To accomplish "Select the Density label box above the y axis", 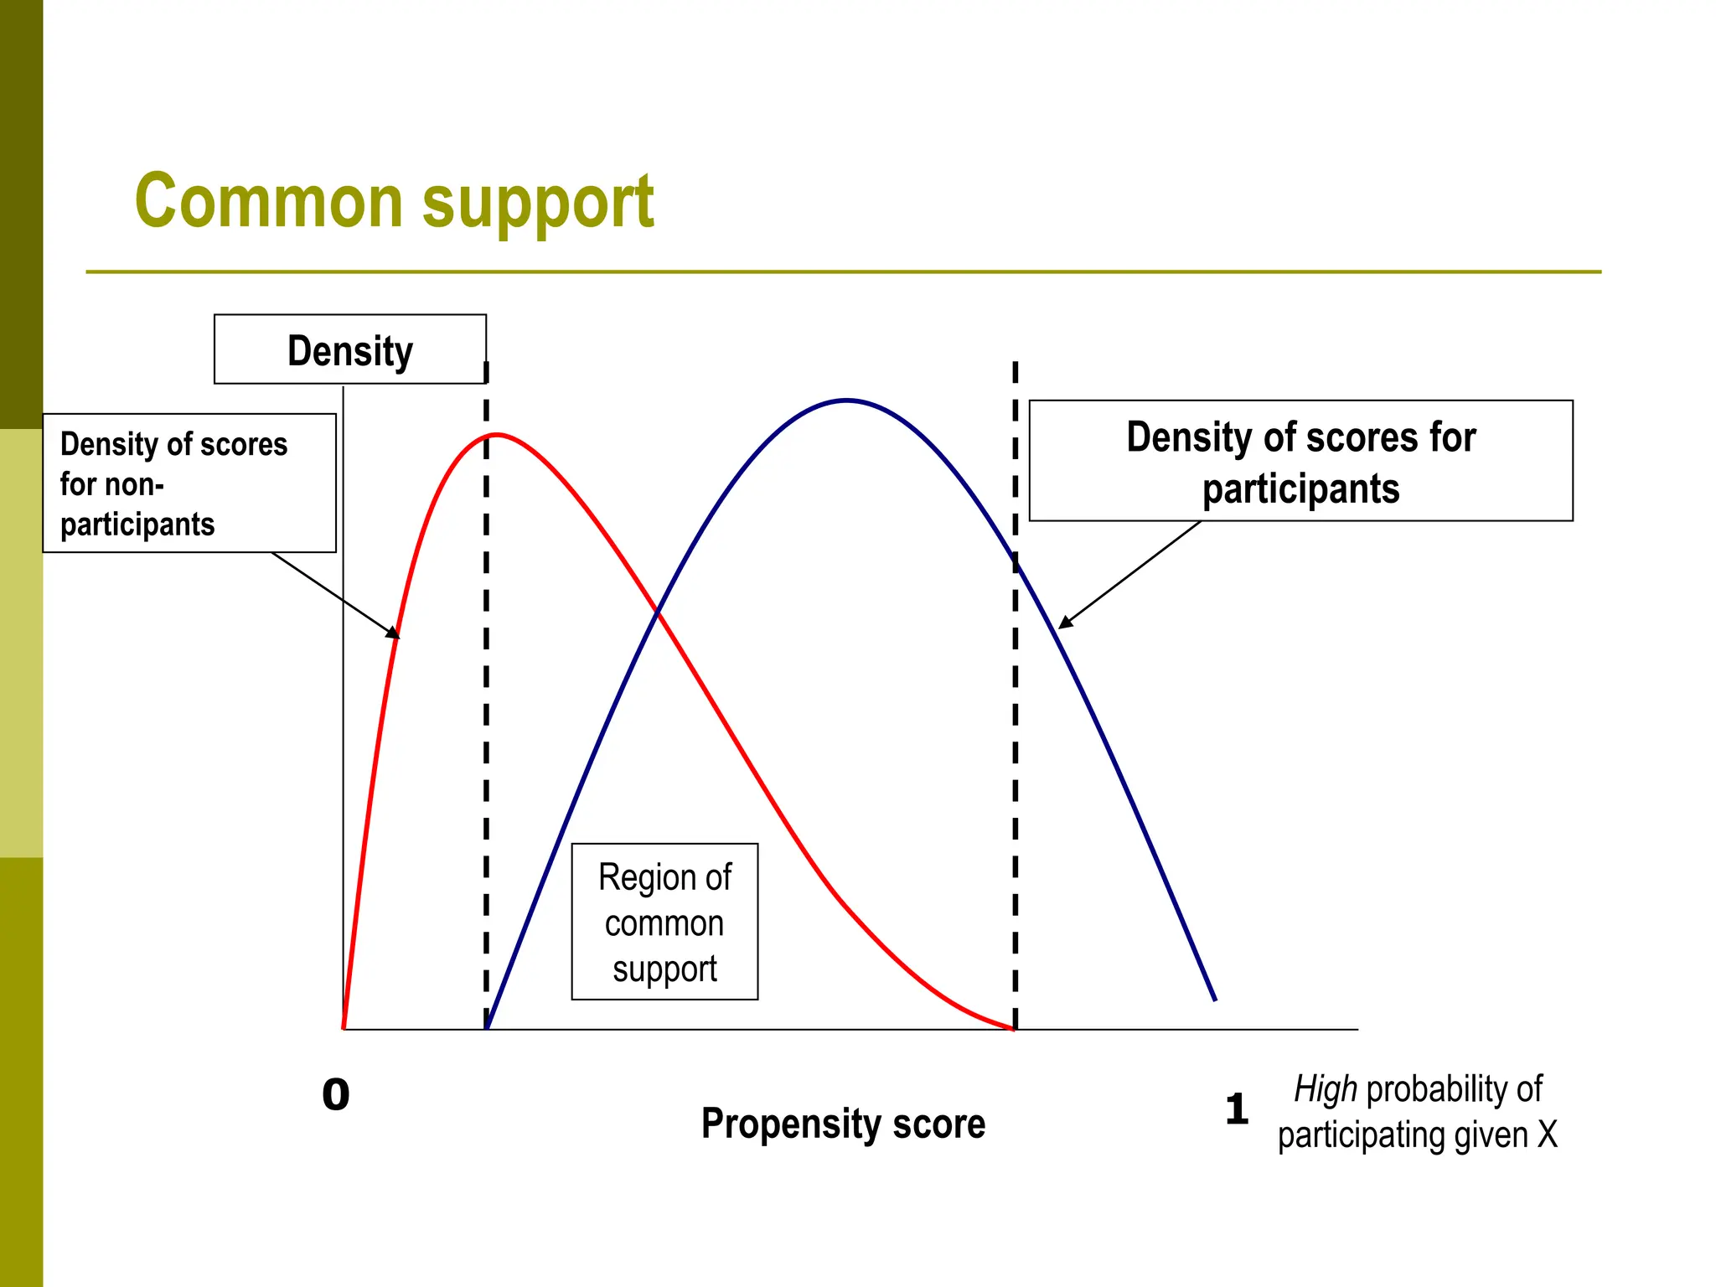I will point(349,349).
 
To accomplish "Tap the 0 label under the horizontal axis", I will point(336,1094).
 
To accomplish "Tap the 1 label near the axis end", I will point(1237,1109).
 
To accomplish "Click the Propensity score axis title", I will point(843,1124).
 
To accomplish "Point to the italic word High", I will point(1325,1089).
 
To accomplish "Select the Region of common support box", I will point(664,922).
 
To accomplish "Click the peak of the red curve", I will point(497,435).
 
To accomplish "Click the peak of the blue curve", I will point(847,401).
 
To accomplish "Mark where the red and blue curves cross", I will point(659,614).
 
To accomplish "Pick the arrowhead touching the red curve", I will point(394,633).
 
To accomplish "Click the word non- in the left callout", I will point(134,484).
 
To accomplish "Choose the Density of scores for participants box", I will point(1300,461).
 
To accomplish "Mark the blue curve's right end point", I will point(1215,1000).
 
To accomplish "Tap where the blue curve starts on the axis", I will point(488,1028).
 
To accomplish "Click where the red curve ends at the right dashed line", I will point(1014,1028).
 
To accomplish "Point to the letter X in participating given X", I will point(1548,1135).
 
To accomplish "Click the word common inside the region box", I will point(664,923).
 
